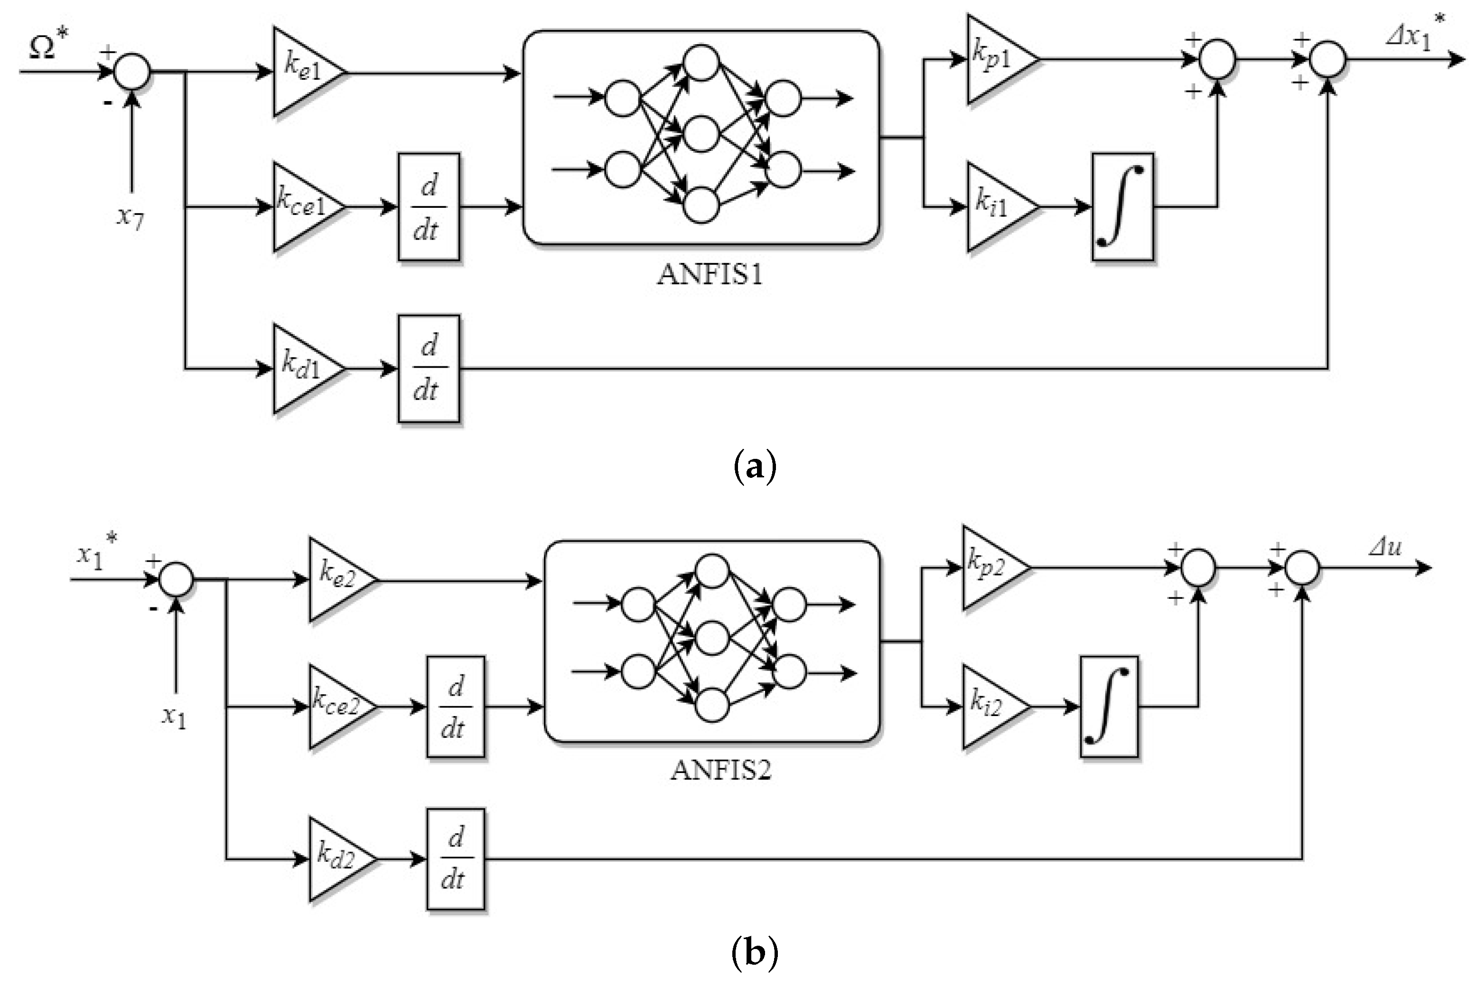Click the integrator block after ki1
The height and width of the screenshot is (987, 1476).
point(1122,206)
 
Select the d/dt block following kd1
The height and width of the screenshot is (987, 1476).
point(429,368)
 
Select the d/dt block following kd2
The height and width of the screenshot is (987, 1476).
point(456,858)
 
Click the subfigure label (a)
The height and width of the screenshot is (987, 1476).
point(755,466)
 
